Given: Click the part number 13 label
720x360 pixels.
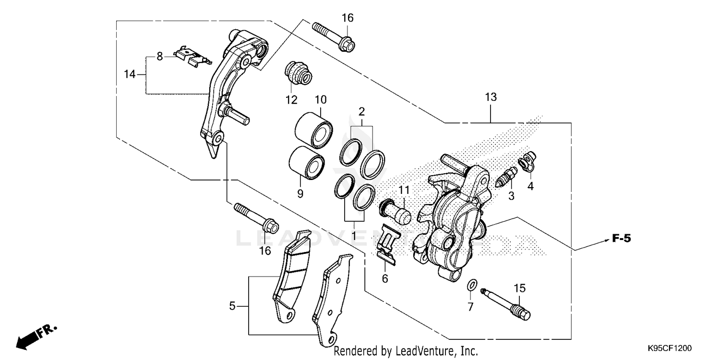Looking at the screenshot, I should click(491, 97).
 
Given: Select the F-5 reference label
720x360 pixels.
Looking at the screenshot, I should click(621, 238).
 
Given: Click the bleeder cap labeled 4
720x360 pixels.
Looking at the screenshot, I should click(527, 161).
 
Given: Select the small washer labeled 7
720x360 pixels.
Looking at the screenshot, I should click(471, 286).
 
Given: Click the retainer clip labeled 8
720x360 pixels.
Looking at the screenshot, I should click(192, 56).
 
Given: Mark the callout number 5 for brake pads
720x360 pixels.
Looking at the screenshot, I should click(232, 306).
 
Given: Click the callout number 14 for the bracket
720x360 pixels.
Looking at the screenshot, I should click(130, 74).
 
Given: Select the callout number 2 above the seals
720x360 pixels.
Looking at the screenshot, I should click(361, 112).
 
